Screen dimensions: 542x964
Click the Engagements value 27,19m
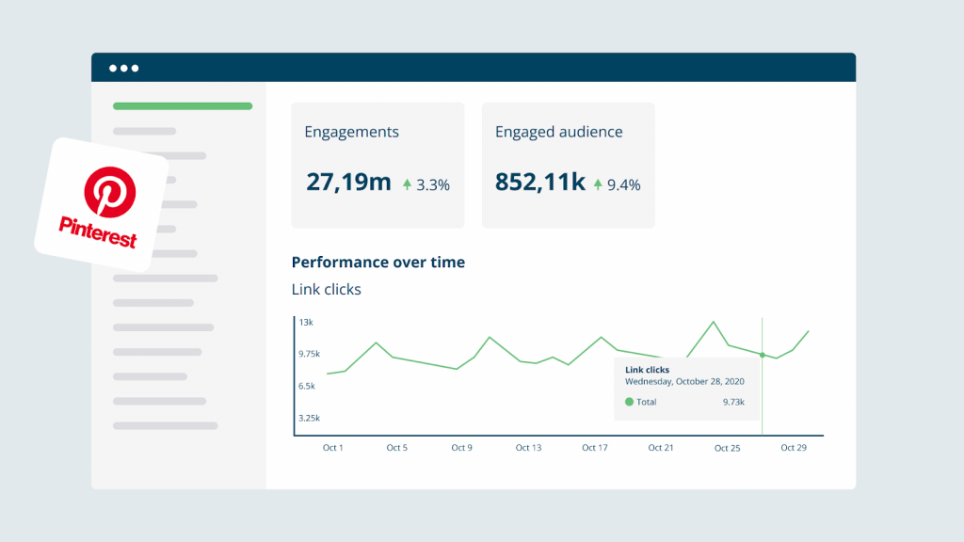347,183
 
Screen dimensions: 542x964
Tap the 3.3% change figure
432,185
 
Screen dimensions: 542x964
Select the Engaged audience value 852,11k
539,183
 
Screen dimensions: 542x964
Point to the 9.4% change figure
623,185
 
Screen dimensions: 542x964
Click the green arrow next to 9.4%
598,185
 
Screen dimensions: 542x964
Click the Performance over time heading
378,263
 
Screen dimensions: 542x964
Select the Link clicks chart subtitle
326,290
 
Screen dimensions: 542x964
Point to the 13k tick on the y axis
306,323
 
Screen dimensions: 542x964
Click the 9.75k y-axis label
309,355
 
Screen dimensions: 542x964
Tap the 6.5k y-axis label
307,387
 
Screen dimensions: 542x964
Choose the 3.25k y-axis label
309,418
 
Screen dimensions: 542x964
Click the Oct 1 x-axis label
333,448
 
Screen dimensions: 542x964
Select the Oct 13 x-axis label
529,448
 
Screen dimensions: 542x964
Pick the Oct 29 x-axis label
794,448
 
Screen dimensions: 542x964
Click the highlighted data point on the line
762,355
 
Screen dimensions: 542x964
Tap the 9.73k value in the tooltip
733,402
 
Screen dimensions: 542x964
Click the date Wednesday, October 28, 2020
684,382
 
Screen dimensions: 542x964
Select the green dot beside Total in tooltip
629,402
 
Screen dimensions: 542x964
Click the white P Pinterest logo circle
110,191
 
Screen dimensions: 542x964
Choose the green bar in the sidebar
183,106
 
